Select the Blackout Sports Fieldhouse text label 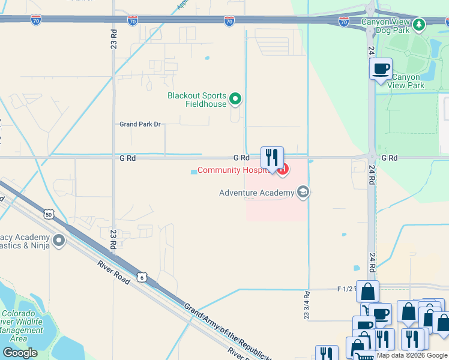click(197, 100)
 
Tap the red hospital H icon click(283, 171)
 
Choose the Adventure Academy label click(257, 193)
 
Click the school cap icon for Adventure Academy click(303, 192)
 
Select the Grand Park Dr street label click(140, 124)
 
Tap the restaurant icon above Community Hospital click(272, 158)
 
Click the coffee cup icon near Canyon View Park click(381, 68)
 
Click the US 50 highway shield click(49, 214)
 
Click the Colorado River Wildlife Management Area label click(22, 326)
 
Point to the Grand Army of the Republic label click(228, 331)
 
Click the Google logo click(20, 353)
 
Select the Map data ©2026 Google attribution click(412, 355)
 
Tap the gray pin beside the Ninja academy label click(59, 241)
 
